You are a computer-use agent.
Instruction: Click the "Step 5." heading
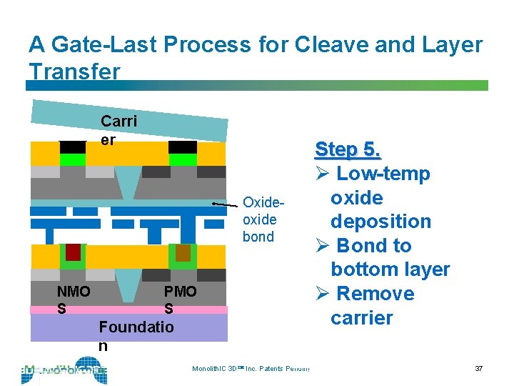point(348,149)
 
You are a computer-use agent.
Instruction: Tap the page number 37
point(478,368)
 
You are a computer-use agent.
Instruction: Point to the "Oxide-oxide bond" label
point(258,219)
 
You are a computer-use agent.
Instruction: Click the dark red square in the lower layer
point(73,252)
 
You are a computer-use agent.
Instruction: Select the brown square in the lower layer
point(183,252)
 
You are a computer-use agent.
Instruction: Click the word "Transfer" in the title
point(74,71)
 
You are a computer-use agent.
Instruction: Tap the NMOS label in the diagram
point(73,300)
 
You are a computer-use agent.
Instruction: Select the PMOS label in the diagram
point(179,300)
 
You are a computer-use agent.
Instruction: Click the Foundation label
point(136,335)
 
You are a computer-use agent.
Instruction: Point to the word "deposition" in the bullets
point(381,222)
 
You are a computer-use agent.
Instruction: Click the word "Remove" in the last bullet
point(375,294)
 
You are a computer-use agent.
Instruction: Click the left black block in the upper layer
point(72,147)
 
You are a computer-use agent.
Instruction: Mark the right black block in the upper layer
point(182,147)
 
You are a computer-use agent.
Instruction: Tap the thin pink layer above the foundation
point(128,310)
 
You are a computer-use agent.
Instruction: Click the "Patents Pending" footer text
point(286,369)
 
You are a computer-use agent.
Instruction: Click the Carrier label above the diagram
point(119,129)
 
